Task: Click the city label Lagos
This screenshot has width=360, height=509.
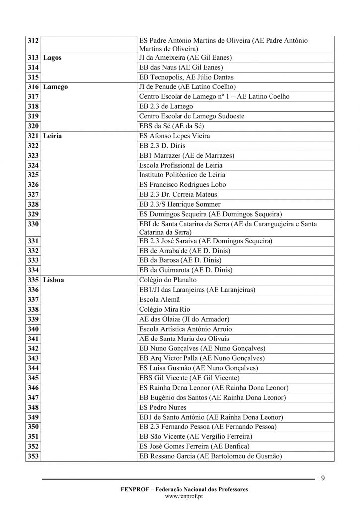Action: point(52,58)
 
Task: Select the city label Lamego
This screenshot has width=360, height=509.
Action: point(55,87)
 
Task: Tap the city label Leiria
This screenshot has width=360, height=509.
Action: point(52,136)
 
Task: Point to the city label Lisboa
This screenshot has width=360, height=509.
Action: point(53,280)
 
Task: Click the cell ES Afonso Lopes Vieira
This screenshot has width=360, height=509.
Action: point(175,136)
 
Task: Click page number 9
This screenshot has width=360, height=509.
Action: point(323,479)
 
